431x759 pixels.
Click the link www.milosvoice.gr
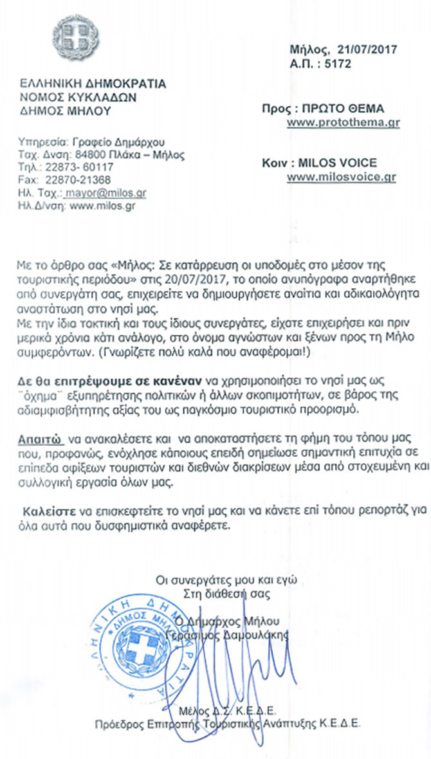tap(342, 177)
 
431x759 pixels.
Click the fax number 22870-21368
tap(82, 179)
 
